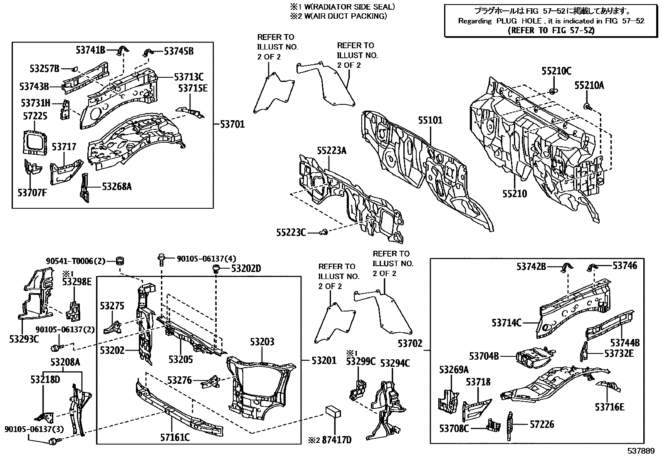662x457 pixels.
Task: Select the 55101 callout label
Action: [x=430, y=121]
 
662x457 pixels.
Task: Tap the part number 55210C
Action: [x=556, y=71]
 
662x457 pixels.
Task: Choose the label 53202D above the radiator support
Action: [x=246, y=269]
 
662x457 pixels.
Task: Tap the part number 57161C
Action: [x=175, y=437]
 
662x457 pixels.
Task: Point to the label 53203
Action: [x=262, y=342]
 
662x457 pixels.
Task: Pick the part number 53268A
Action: [x=117, y=187]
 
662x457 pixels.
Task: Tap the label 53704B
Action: [x=484, y=356]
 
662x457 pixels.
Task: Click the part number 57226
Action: [x=542, y=424]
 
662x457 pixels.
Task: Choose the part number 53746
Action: [x=625, y=265]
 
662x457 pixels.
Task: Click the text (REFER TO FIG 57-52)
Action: [x=551, y=30]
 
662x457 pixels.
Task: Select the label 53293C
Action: [x=24, y=339]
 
